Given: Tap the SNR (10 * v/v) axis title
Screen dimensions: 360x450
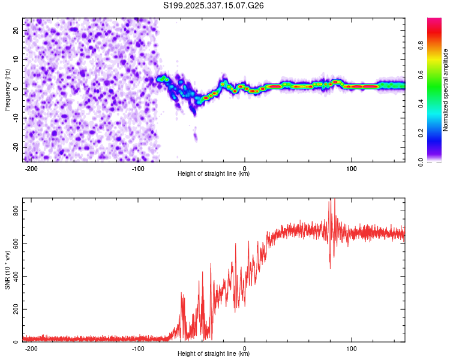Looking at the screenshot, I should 7,270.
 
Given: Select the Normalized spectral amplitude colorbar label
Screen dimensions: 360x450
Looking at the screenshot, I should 446,90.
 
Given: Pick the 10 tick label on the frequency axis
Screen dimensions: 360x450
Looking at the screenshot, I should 16,59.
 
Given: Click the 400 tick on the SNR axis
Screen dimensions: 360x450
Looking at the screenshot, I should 14,277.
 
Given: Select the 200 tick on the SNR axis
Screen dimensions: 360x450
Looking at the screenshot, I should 14,310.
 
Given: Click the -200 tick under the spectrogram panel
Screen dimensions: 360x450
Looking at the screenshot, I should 32,168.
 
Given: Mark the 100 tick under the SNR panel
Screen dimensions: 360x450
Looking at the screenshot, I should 352,348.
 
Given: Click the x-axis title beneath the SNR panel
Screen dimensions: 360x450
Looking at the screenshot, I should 214,354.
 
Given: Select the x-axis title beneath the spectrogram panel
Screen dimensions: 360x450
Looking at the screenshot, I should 214,174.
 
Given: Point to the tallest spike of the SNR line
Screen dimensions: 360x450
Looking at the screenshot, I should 329,200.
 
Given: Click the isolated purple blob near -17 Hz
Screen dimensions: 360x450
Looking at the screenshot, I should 196,137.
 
